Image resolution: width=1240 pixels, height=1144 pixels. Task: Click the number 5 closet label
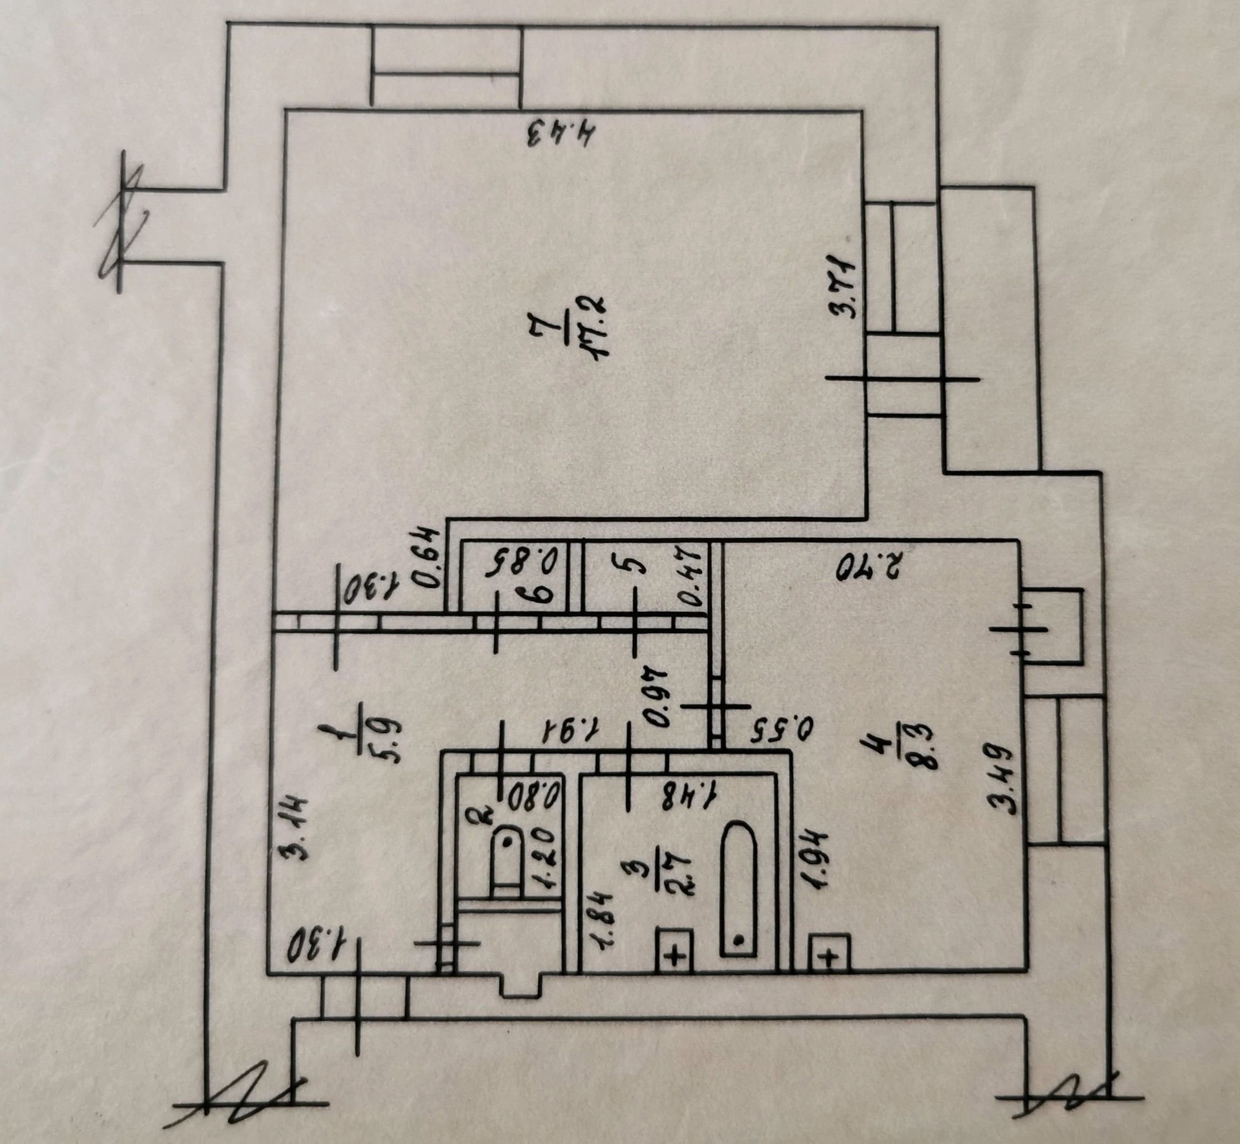[635, 566]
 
